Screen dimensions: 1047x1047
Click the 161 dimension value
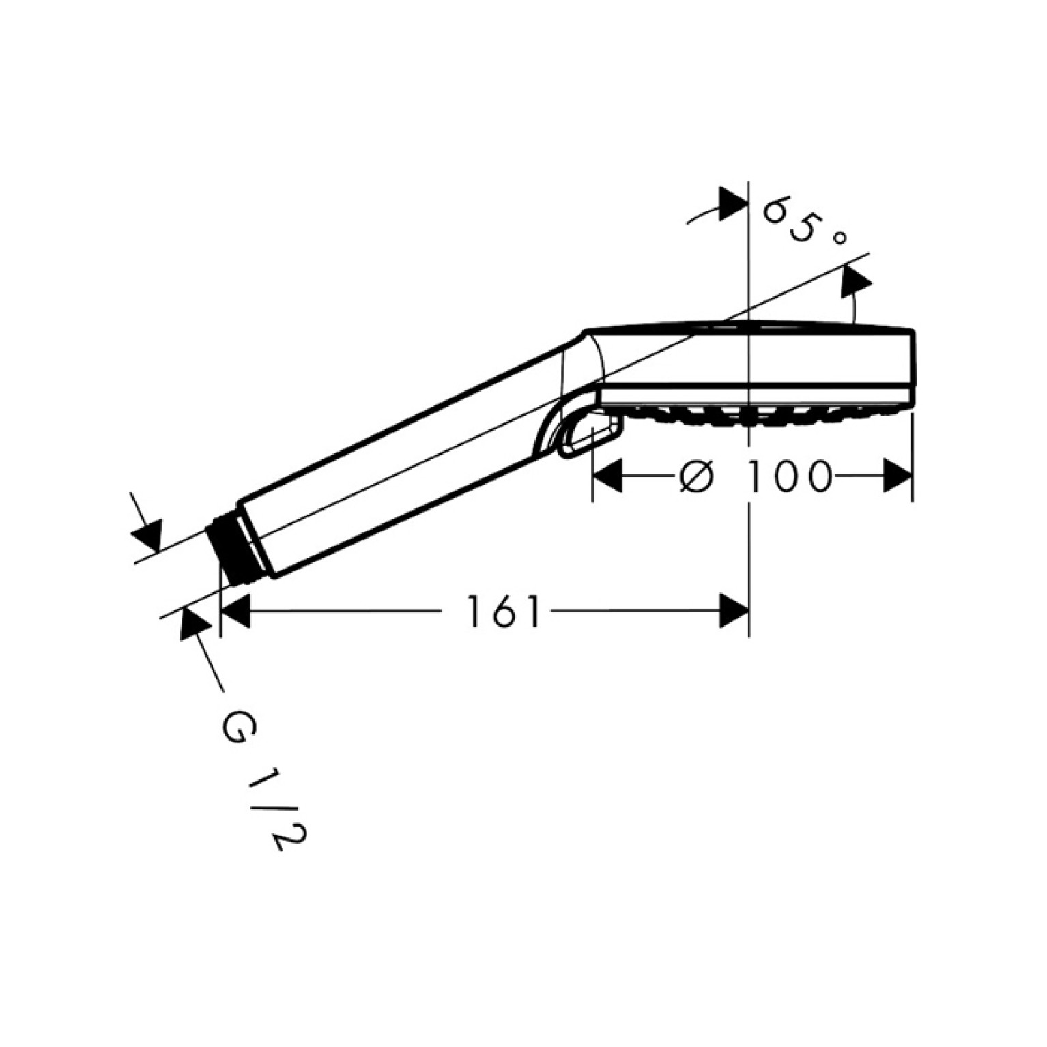pos(503,612)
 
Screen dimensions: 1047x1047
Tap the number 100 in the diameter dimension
pos(790,476)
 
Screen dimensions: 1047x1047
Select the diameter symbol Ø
pos(697,476)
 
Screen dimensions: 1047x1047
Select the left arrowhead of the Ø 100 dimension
pos(607,476)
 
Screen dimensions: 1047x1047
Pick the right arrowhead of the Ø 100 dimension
pos(898,476)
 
